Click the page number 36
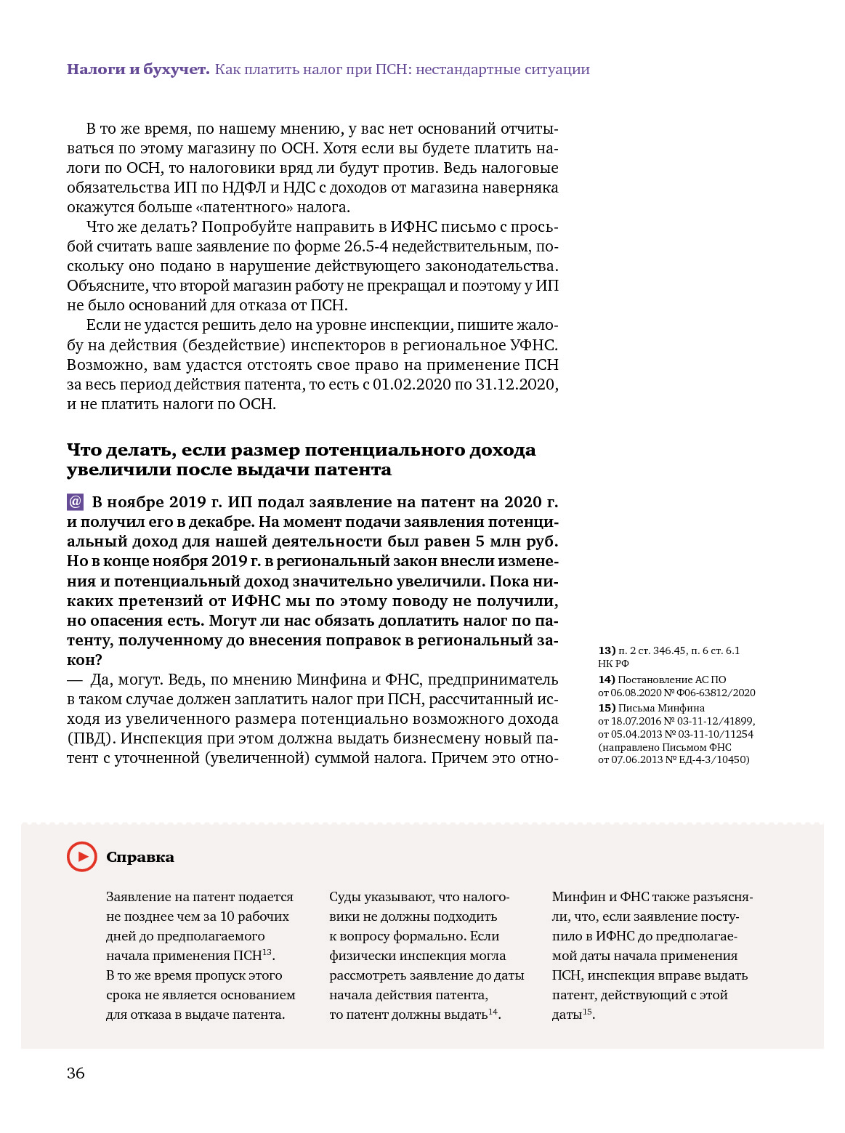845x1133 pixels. (x=76, y=1073)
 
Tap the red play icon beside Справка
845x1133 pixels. (x=82, y=857)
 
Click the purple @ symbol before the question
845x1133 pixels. (x=75, y=502)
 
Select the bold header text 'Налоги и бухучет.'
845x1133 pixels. (x=138, y=70)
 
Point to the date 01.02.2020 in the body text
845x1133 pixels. (x=411, y=384)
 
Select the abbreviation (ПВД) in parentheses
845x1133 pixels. (x=92, y=738)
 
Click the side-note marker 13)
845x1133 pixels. (x=607, y=650)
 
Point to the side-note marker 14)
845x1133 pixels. (x=607, y=680)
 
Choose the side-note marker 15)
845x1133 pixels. (x=607, y=708)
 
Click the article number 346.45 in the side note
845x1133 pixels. (x=669, y=650)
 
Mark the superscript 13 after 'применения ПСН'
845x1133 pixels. (x=267, y=952)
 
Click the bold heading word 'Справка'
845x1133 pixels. (x=140, y=858)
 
